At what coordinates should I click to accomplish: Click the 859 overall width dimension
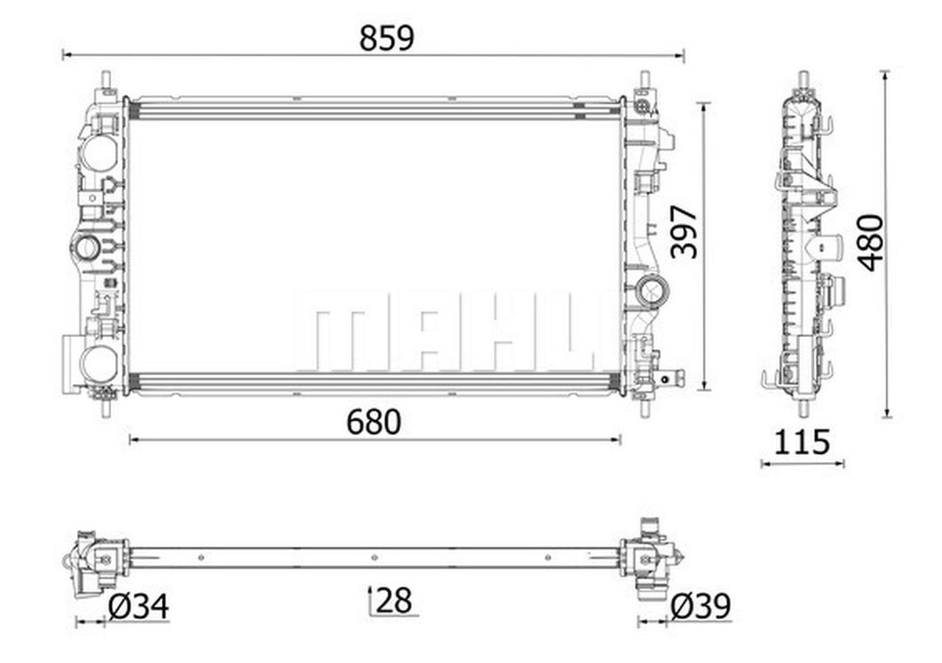(x=386, y=39)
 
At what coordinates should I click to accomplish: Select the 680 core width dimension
(x=373, y=422)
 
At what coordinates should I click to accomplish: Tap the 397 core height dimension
(x=684, y=232)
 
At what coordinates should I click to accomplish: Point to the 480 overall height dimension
(x=871, y=243)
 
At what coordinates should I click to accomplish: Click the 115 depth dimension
(x=802, y=442)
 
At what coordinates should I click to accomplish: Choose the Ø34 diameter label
(x=138, y=606)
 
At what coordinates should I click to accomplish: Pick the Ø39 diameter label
(x=701, y=606)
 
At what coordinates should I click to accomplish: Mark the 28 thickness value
(x=394, y=600)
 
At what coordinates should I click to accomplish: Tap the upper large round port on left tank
(x=99, y=152)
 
